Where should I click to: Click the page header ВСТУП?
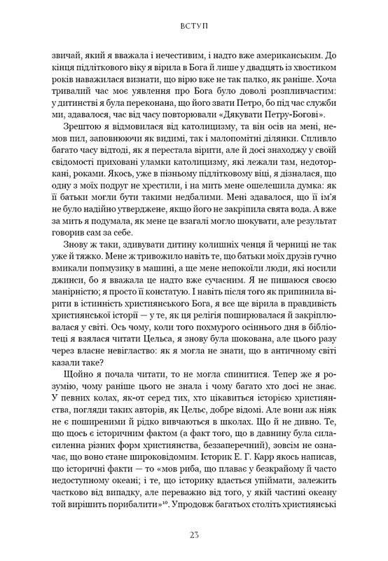[193, 31]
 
